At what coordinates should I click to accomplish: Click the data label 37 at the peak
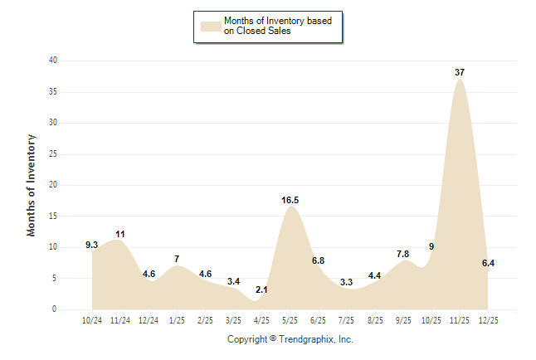pos(460,72)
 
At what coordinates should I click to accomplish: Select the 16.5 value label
pos(290,200)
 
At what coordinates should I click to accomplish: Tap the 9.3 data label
pos(92,245)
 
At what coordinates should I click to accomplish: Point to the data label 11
pos(120,234)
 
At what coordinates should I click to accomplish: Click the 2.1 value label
pos(261,289)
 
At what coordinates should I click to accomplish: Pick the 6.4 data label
pos(488,263)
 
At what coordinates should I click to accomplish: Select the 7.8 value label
pos(403,254)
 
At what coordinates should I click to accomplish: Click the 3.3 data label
pos(346,282)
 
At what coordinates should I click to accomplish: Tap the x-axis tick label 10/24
pos(92,321)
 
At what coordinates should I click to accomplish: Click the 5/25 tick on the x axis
pos(290,321)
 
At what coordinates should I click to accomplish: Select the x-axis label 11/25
pos(460,321)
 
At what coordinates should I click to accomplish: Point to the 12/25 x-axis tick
pos(488,321)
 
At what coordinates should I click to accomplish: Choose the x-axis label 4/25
pos(261,321)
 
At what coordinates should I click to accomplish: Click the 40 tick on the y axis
pos(53,61)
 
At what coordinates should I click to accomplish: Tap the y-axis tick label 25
pos(53,153)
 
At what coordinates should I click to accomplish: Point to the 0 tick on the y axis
pos(55,309)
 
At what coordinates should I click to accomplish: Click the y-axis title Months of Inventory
pos(32,185)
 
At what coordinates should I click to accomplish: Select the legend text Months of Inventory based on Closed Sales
pos(278,26)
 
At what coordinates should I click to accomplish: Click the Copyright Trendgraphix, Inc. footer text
pos(290,339)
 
